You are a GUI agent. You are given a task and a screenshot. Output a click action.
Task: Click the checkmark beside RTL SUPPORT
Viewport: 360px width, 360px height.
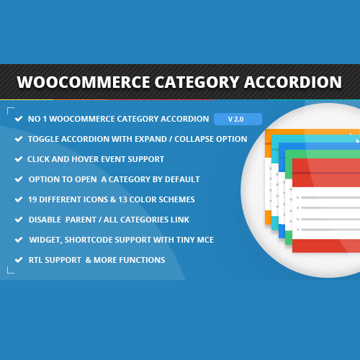coord(17,260)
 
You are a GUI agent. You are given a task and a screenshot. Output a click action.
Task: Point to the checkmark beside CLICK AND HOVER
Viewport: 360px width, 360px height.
coord(17,159)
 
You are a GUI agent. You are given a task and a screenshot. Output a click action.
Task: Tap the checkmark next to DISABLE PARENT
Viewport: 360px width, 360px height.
coord(17,220)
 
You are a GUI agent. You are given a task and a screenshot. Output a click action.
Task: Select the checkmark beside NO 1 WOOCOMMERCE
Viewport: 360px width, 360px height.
coord(17,119)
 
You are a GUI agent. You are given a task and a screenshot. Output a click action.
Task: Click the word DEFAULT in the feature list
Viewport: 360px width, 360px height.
coord(181,179)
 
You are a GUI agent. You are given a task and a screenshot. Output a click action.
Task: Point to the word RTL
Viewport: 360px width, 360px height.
coord(37,260)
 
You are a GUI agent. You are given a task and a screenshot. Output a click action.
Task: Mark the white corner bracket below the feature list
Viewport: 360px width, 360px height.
coord(11,271)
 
